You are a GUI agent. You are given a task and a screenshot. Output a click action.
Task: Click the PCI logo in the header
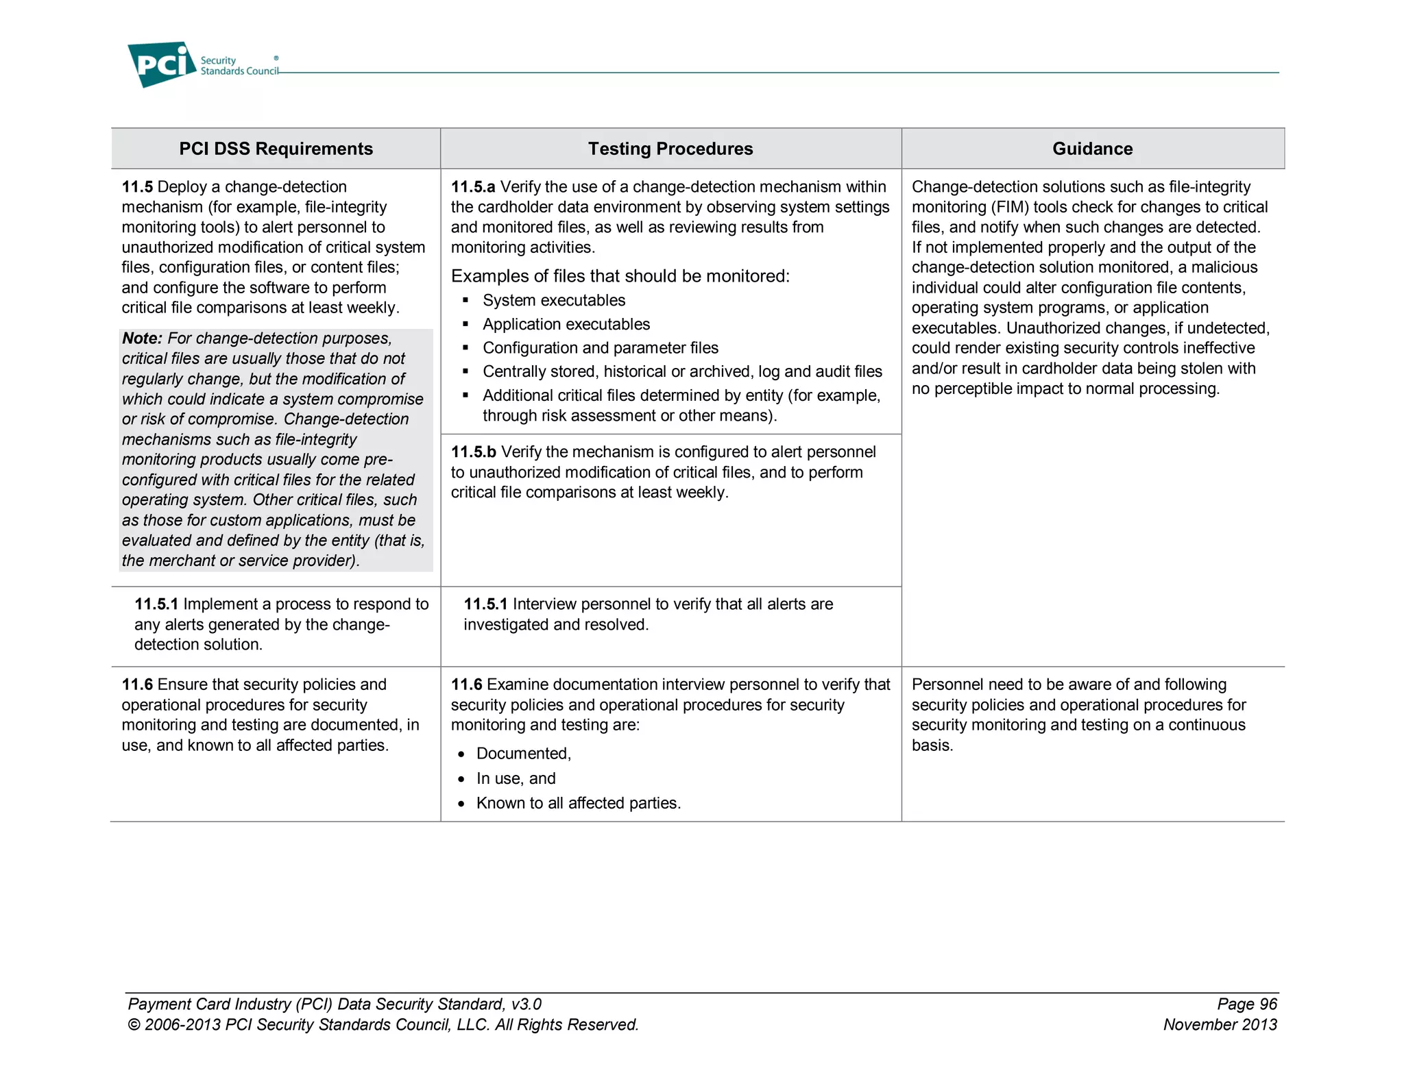[162, 64]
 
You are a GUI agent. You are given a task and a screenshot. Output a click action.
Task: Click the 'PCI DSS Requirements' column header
[276, 149]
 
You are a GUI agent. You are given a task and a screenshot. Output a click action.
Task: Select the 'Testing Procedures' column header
[670, 149]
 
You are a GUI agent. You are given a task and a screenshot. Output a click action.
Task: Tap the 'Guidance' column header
[1092, 149]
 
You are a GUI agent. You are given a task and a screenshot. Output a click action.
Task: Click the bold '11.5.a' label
[472, 187]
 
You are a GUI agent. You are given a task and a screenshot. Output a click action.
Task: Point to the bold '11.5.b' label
[473, 452]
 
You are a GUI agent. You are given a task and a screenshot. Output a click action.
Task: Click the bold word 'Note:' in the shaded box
[142, 338]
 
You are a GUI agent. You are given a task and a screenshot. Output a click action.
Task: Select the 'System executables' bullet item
[553, 301]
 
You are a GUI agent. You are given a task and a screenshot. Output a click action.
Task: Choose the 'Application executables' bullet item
[566, 324]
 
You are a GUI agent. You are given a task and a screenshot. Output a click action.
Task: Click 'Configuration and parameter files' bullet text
[600, 348]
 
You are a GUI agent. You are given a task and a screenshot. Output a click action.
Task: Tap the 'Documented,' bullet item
[523, 754]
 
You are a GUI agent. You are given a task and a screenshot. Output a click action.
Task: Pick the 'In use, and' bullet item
[516, 778]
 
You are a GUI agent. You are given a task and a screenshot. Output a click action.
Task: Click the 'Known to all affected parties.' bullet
[578, 803]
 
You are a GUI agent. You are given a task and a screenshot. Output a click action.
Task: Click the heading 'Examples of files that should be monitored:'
[620, 276]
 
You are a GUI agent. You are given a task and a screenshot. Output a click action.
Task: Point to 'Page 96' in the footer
[1246, 1005]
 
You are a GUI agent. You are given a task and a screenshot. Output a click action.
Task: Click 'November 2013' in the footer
[1220, 1025]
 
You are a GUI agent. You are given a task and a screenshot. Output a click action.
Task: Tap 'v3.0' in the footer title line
[526, 1005]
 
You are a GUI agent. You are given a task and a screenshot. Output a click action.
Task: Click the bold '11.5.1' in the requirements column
[156, 604]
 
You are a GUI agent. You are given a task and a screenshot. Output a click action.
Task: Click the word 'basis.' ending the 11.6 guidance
[932, 746]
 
